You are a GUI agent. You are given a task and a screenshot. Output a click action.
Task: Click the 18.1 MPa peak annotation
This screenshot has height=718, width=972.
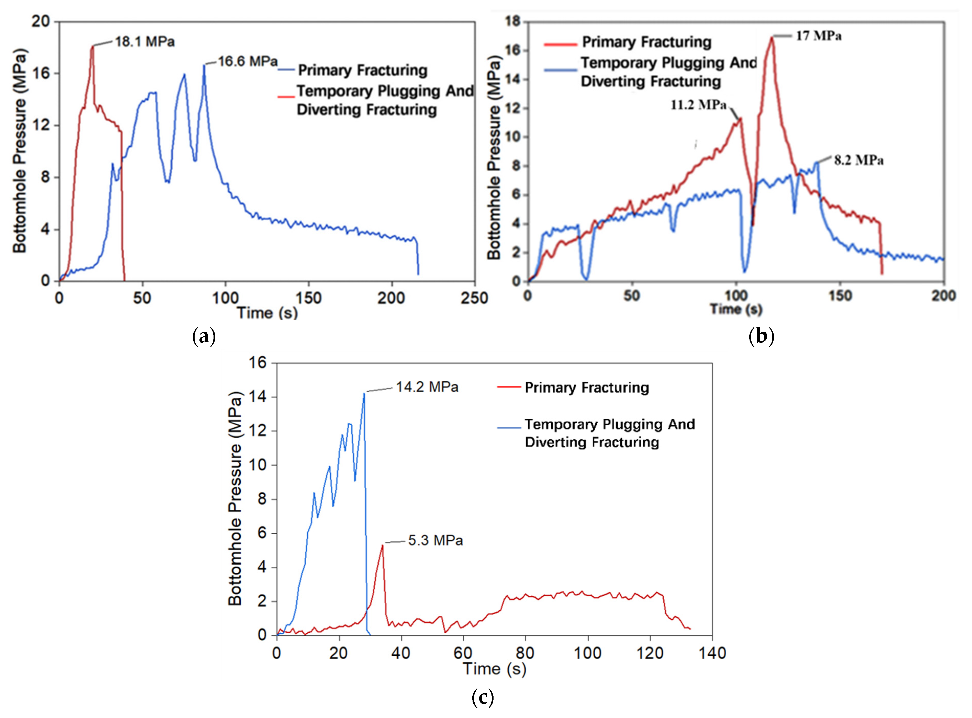pyautogui.click(x=145, y=42)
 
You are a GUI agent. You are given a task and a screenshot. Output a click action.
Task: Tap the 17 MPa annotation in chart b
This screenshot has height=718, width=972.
pyautogui.click(x=818, y=36)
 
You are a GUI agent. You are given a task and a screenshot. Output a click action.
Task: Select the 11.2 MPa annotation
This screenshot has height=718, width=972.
pyautogui.click(x=698, y=105)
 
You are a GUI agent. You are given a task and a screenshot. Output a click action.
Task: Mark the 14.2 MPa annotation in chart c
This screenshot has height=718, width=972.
pyautogui.click(x=427, y=387)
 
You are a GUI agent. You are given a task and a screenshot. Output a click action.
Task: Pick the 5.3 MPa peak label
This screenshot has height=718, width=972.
pyautogui.click(x=435, y=541)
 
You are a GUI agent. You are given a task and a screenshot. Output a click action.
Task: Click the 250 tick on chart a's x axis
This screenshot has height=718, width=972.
pyautogui.click(x=474, y=298)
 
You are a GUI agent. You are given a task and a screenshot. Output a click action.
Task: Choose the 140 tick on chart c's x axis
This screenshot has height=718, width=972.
pyautogui.click(x=712, y=653)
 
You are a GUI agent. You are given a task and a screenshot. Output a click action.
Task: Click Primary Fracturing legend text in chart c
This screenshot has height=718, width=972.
pyautogui.click(x=587, y=387)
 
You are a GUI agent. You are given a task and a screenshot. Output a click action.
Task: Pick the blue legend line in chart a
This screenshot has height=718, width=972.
pyautogui.click(x=286, y=70)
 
